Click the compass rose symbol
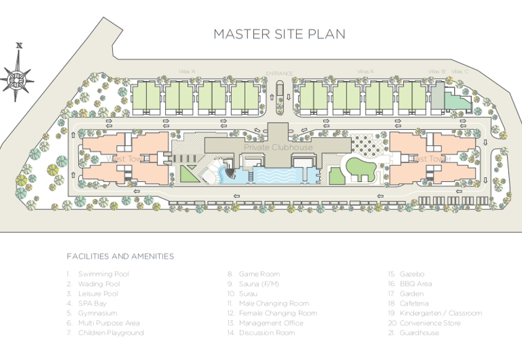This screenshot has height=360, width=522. click(x=19, y=77)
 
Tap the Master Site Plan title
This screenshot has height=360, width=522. click(x=279, y=34)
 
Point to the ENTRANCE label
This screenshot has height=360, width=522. click(x=279, y=73)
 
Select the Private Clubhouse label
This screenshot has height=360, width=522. click(x=279, y=147)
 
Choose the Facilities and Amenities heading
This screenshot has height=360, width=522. click(x=120, y=256)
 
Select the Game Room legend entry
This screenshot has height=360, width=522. click(x=259, y=274)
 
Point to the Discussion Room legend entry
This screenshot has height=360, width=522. click(x=267, y=333)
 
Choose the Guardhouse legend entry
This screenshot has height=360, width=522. click(x=419, y=333)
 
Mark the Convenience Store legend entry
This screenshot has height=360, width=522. click(x=430, y=323)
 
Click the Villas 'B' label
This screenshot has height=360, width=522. click(x=437, y=72)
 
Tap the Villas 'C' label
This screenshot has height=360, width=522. click(x=461, y=72)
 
